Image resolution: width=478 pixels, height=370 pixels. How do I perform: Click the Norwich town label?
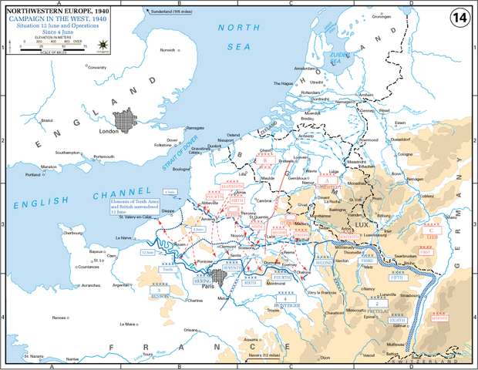167,51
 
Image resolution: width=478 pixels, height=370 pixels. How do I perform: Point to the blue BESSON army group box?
159,295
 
